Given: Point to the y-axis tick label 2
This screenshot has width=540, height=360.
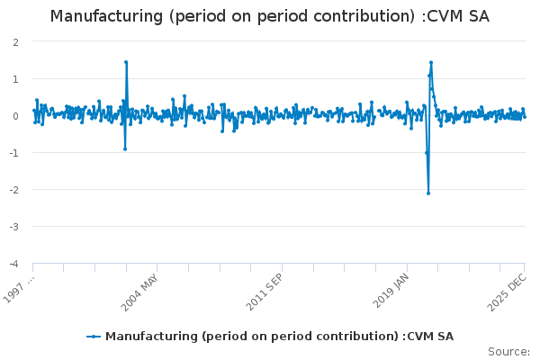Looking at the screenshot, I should coord(16,42).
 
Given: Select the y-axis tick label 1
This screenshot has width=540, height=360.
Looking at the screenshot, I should coord(16,79).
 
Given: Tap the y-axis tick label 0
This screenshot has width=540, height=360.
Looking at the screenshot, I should coord(16,116).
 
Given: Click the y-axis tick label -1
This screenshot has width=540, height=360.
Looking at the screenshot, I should coord(14,153).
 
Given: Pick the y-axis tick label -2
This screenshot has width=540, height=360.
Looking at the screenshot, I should coord(14,190).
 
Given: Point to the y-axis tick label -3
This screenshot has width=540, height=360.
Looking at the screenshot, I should coord(14,227).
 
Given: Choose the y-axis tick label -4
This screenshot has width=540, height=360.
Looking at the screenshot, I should coord(14,264).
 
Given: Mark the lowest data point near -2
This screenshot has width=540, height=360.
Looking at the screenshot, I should coord(428,193).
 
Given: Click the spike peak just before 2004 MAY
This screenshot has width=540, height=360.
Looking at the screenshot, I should coord(126,62).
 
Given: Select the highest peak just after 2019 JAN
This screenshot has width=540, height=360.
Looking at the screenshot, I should coord(431,62).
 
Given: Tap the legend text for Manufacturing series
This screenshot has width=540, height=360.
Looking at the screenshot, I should coord(279,337).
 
